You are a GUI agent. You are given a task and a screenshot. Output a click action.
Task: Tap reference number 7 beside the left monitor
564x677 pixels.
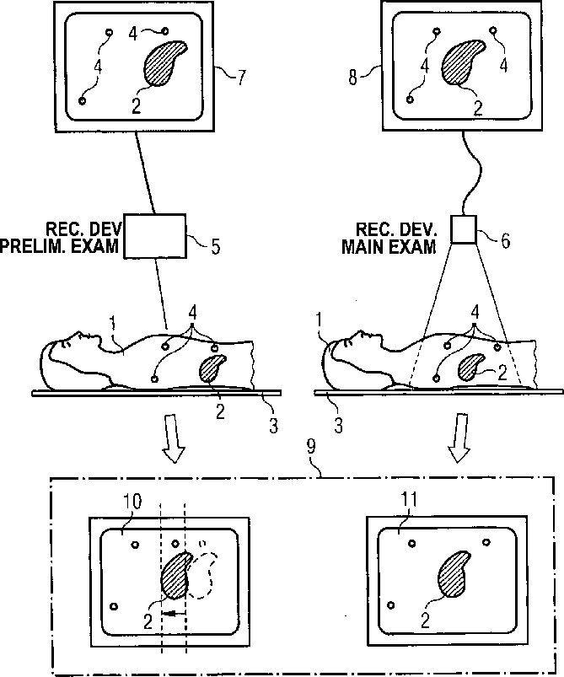[241, 79]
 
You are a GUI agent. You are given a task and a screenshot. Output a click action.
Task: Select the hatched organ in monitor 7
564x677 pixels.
[166, 65]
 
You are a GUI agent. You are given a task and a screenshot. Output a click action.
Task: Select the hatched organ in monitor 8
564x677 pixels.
[464, 63]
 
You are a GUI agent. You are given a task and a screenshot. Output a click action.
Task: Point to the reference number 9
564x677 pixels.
[313, 462]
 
